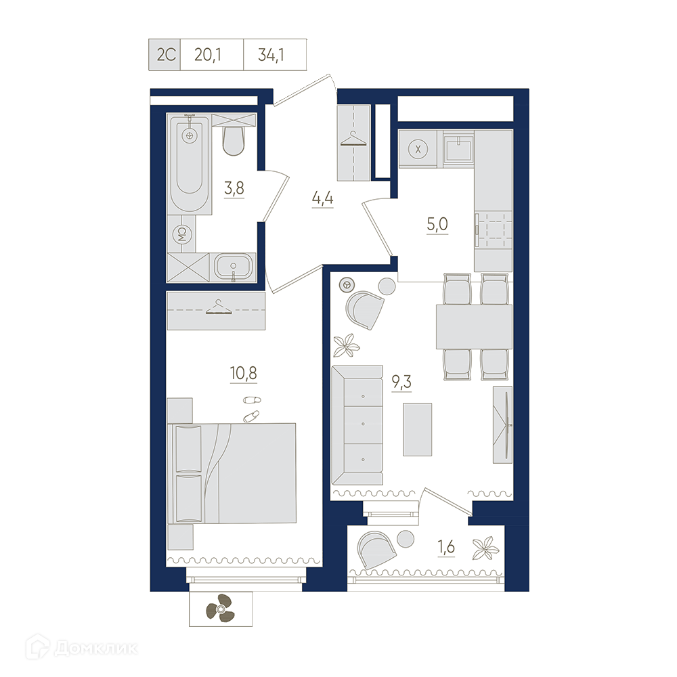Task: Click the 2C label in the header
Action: pos(166,55)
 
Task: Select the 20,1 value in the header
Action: pos(208,55)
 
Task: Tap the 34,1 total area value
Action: pos(271,55)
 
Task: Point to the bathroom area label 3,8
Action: pos(234,188)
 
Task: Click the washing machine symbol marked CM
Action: pos(181,234)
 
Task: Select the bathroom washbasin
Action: pos(233,266)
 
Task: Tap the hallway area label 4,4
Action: pos(322,198)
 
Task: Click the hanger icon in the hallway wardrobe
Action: pos(353,140)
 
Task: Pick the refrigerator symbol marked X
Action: pos(418,150)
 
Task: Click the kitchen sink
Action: pos(458,150)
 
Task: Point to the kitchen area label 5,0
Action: pos(437,224)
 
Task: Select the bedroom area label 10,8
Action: pos(244,372)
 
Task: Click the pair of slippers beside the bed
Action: pos(252,408)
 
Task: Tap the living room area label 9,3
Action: pos(401,382)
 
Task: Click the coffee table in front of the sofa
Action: pos(418,429)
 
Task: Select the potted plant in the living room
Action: pos(346,345)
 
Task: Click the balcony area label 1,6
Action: pos(446,547)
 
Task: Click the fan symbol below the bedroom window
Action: pos(220,609)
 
